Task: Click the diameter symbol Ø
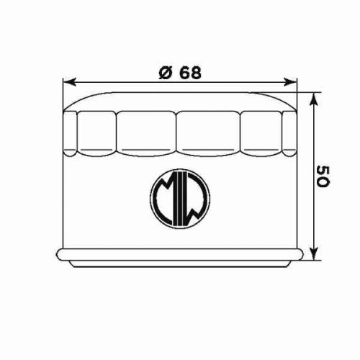[x=164, y=72]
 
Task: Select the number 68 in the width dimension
[x=188, y=72]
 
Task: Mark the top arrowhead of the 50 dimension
[x=312, y=96]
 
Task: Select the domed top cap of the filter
[x=179, y=99]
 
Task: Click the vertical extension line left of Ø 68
[x=63, y=94]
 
